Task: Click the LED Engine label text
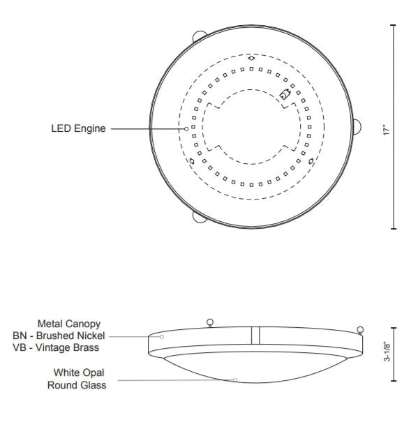pyautogui.click(x=78, y=128)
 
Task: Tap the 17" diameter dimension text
pyautogui.click(x=386, y=130)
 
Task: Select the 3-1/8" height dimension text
pyautogui.click(x=387, y=352)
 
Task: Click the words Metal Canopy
pyautogui.click(x=69, y=324)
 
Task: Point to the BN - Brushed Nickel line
pyautogui.click(x=59, y=336)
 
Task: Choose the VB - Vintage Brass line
pyautogui.click(x=56, y=347)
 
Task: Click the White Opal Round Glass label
pyautogui.click(x=77, y=379)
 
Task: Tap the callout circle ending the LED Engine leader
pyautogui.click(x=186, y=128)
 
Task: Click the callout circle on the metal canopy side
pyautogui.click(x=162, y=337)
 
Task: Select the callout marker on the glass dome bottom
pyautogui.click(x=235, y=379)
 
